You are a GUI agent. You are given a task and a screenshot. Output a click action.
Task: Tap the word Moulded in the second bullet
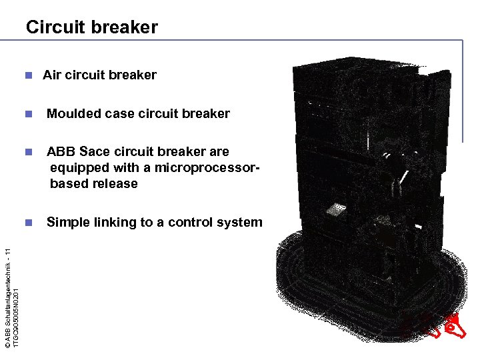click(x=73, y=113)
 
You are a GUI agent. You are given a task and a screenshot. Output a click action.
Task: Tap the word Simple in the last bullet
click(x=66, y=222)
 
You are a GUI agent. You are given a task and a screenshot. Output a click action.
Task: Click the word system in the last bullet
click(x=239, y=222)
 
